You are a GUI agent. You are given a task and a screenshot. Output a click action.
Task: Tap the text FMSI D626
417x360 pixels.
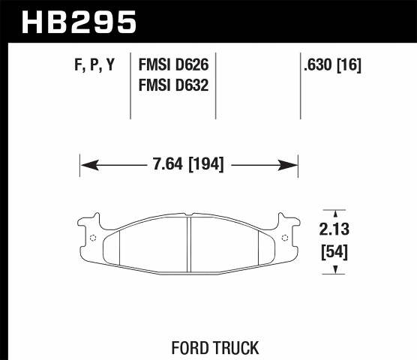(x=173, y=66)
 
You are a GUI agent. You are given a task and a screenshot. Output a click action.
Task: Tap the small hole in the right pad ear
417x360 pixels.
(x=285, y=238)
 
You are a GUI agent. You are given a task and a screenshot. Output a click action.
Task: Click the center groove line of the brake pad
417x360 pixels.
(x=188, y=241)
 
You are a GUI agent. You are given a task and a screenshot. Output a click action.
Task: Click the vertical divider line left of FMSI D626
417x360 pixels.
(x=131, y=86)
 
